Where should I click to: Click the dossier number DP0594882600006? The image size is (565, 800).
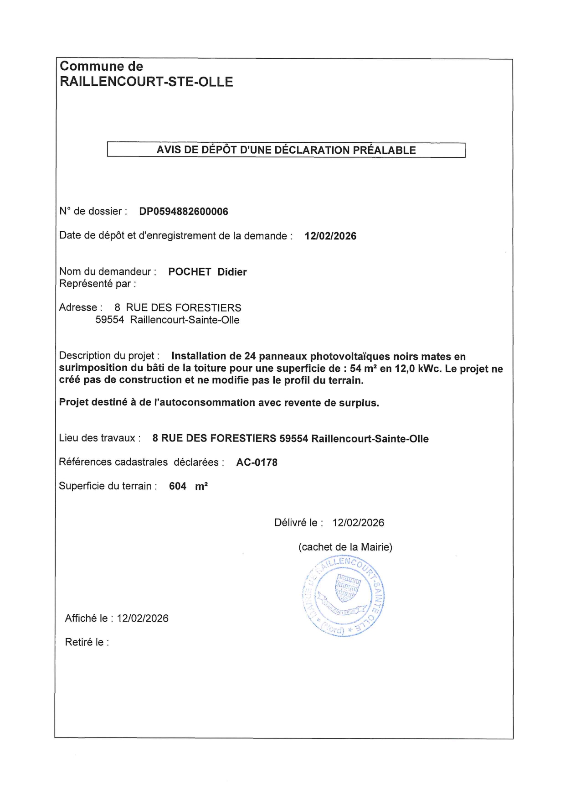(184, 212)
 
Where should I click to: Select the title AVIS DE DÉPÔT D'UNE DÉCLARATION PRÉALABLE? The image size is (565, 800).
(286, 150)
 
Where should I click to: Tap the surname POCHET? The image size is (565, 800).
(190, 272)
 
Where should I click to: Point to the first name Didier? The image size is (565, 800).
(232, 272)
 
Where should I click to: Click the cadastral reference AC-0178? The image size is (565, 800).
(257, 462)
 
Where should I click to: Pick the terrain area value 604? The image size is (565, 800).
(178, 486)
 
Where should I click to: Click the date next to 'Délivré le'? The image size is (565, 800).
(358, 523)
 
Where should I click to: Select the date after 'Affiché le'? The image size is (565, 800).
(143, 618)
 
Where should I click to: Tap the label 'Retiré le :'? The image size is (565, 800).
(87, 642)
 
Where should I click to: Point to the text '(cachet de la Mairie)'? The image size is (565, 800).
(345, 547)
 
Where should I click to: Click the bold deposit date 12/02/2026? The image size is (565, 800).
(330, 236)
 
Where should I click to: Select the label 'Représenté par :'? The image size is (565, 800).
(98, 284)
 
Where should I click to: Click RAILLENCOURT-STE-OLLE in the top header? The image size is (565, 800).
(147, 82)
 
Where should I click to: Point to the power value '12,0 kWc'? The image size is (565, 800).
(418, 369)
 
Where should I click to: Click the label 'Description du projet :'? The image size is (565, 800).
(109, 356)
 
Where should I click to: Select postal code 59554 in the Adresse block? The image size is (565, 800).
(110, 320)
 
